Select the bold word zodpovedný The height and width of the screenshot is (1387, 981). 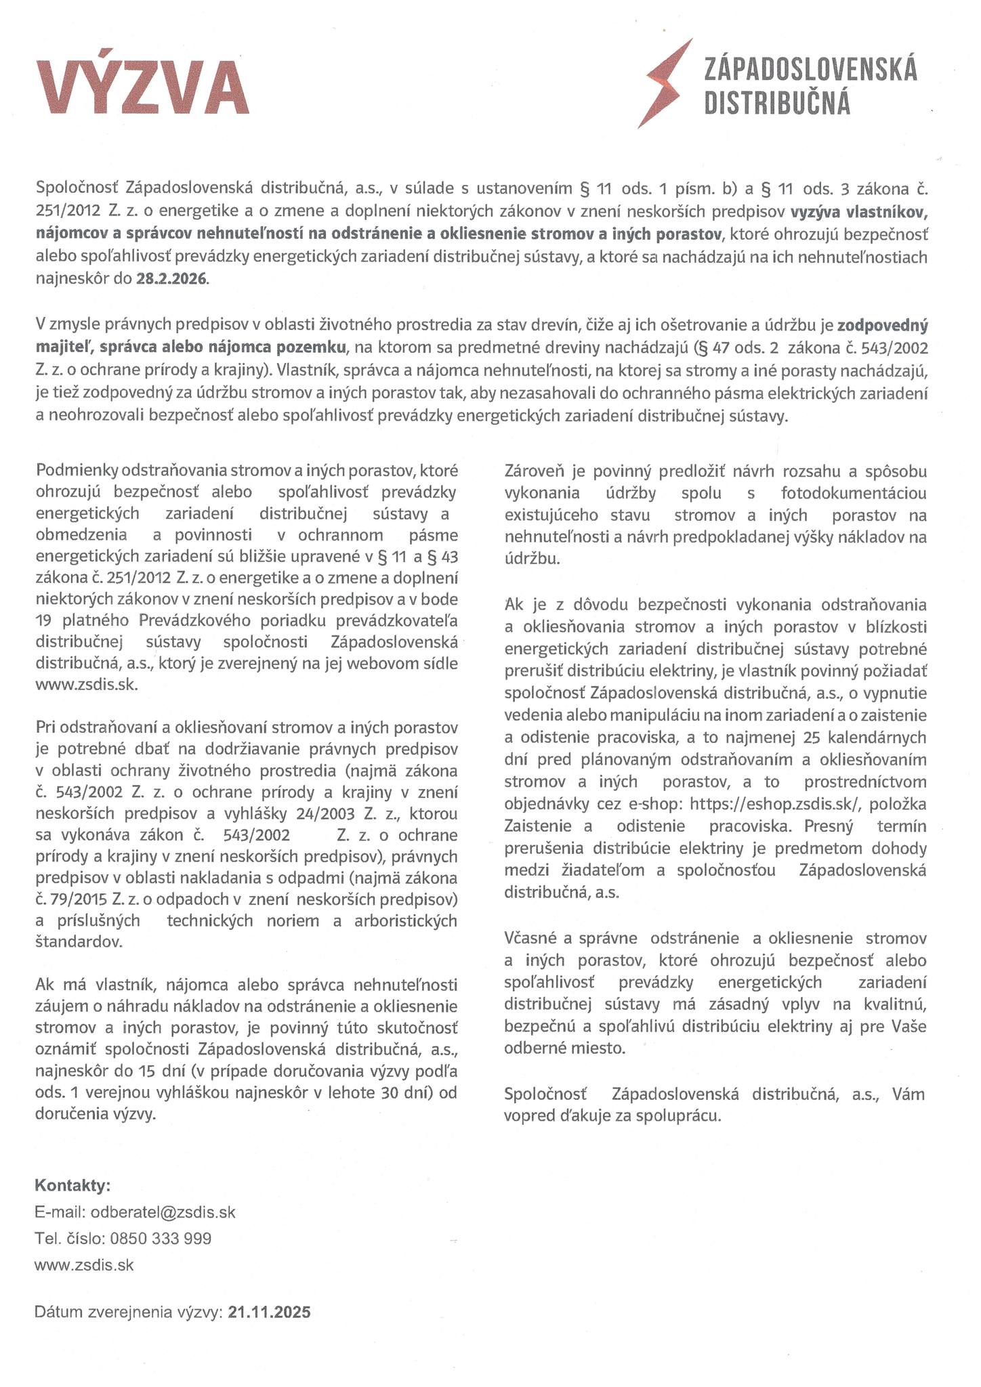point(882,326)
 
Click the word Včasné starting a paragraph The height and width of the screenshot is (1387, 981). point(531,939)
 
